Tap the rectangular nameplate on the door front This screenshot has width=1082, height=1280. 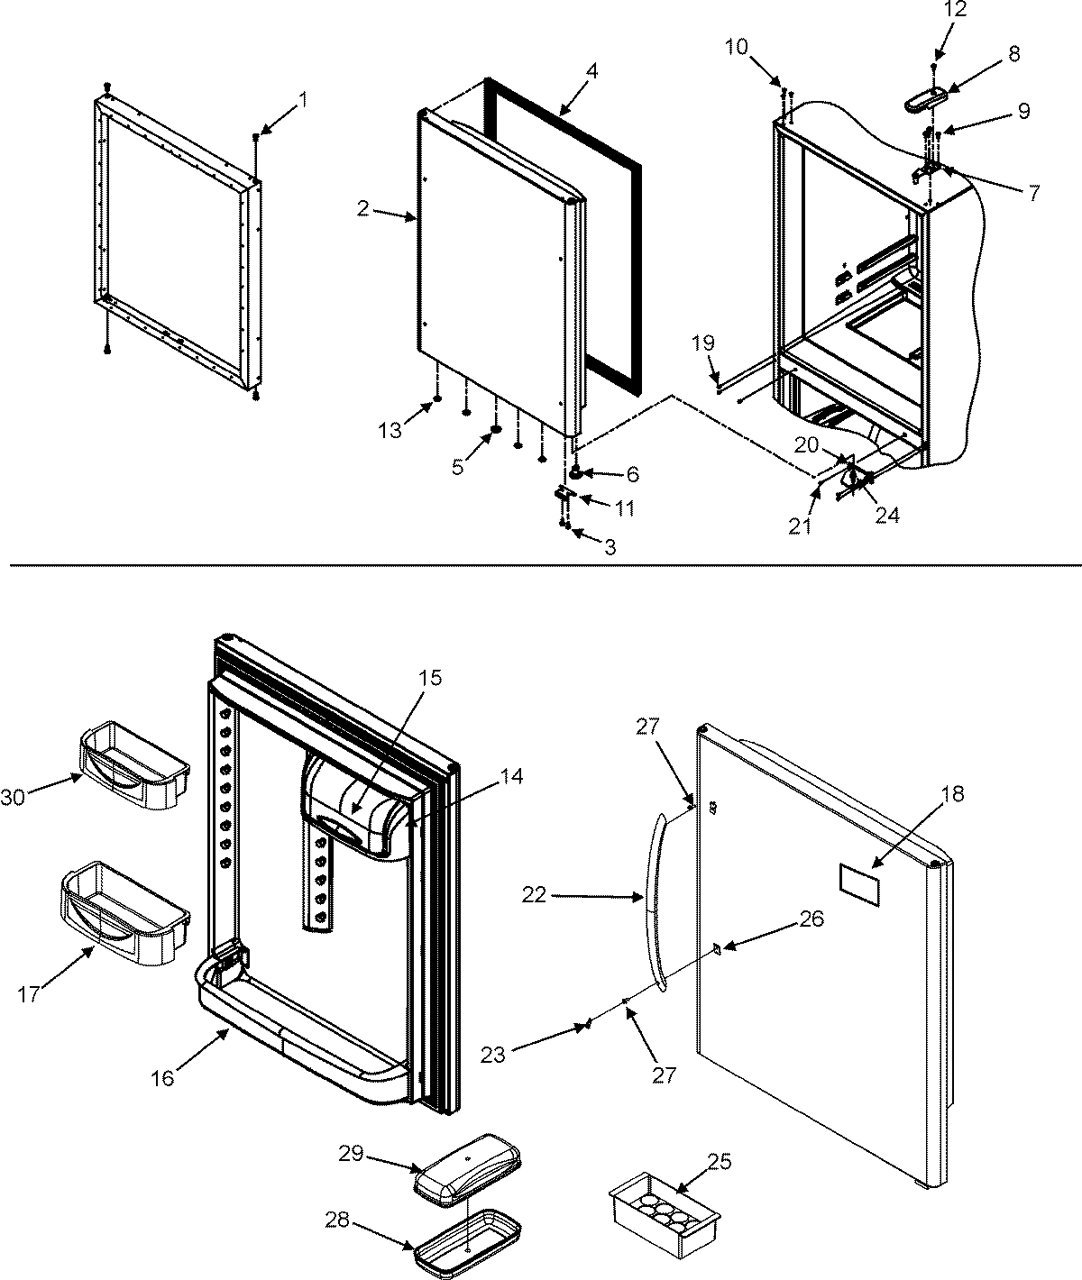858,882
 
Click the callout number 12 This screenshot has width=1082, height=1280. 931,11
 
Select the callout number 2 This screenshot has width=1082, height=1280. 362,209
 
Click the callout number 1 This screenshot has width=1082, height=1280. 302,100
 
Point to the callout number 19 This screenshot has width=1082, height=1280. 703,343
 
